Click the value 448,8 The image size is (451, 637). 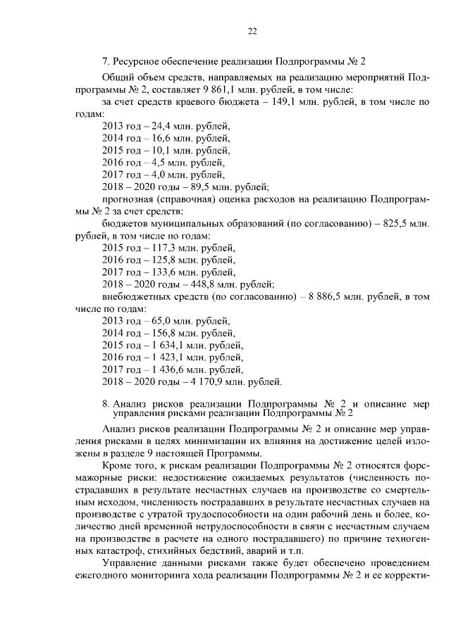coord(193,284)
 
